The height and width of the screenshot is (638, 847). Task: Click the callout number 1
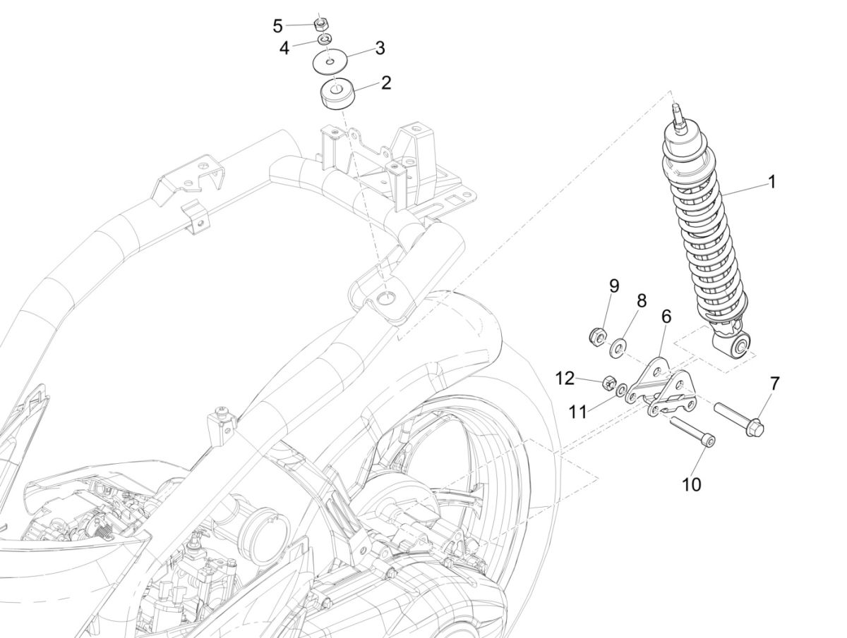coord(771,182)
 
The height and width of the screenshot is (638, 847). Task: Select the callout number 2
coord(385,83)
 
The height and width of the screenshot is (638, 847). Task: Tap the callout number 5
coord(278,27)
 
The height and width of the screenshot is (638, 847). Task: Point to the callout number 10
coord(692,485)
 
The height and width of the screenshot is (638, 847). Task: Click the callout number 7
coord(774,384)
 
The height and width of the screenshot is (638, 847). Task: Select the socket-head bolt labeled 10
coord(692,431)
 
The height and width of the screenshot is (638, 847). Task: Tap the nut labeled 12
coord(606,384)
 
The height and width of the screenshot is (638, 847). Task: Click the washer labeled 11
coord(620,390)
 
